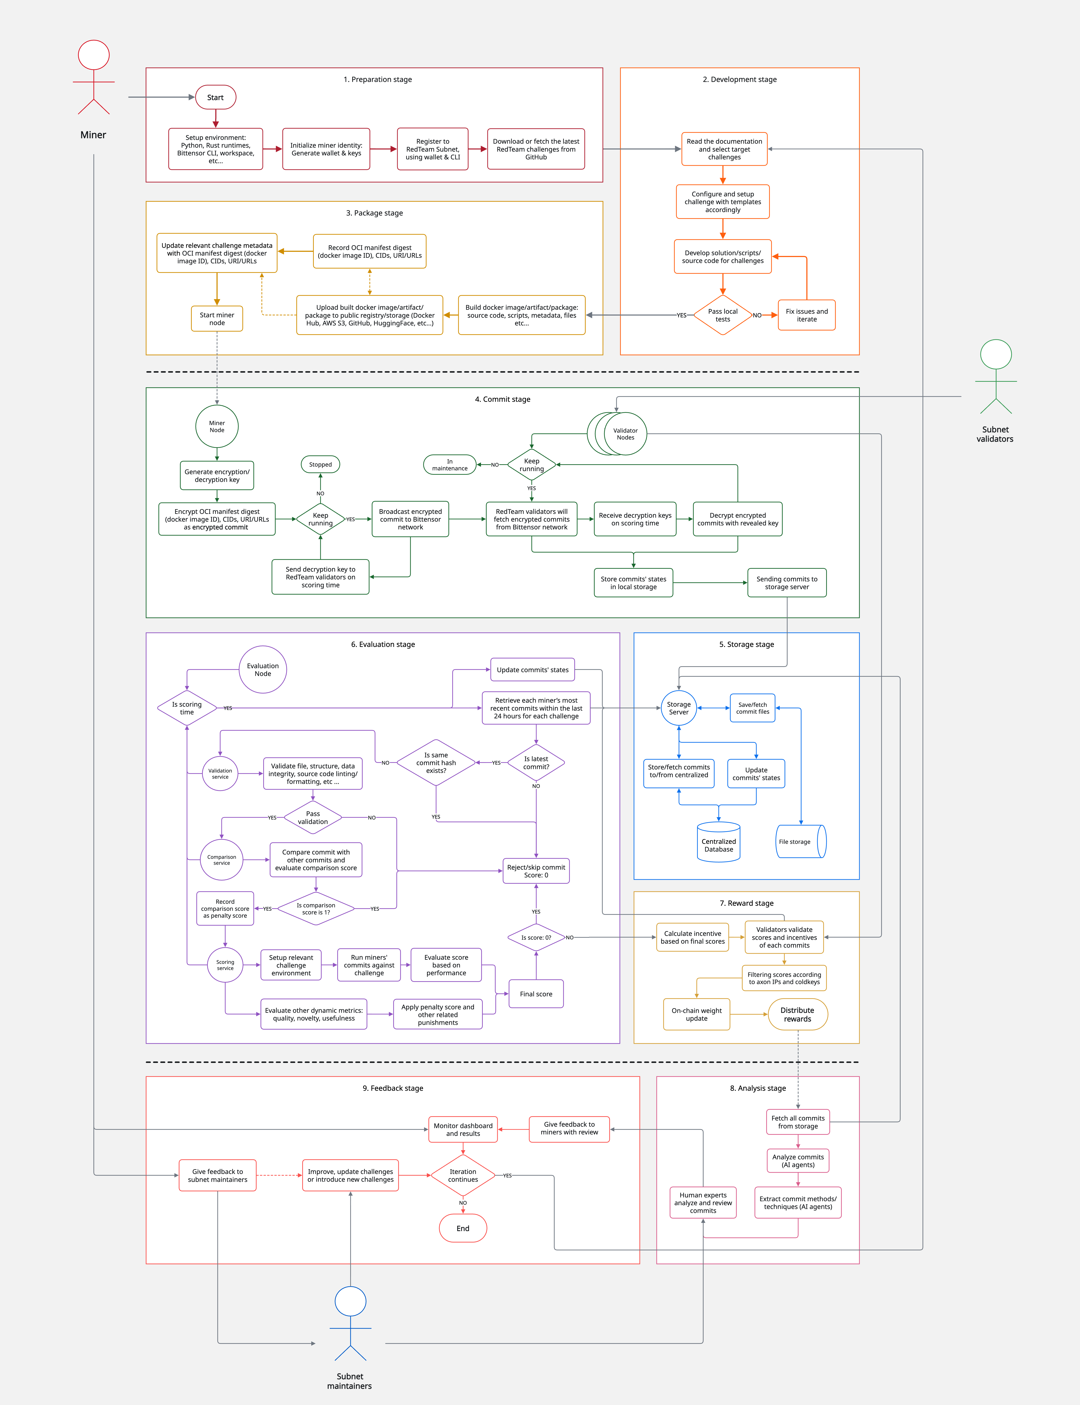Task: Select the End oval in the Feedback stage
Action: [463, 1228]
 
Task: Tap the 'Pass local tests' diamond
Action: [723, 315]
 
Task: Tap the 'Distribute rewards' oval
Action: [797, 1014]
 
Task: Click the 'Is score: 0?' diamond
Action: [536, 938]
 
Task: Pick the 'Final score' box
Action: [536, 994]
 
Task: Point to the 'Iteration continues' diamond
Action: [463, 1176]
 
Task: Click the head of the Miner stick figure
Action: [94, 55]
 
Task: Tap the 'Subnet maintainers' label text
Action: [350, 1381]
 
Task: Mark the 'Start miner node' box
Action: [217, 319]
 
